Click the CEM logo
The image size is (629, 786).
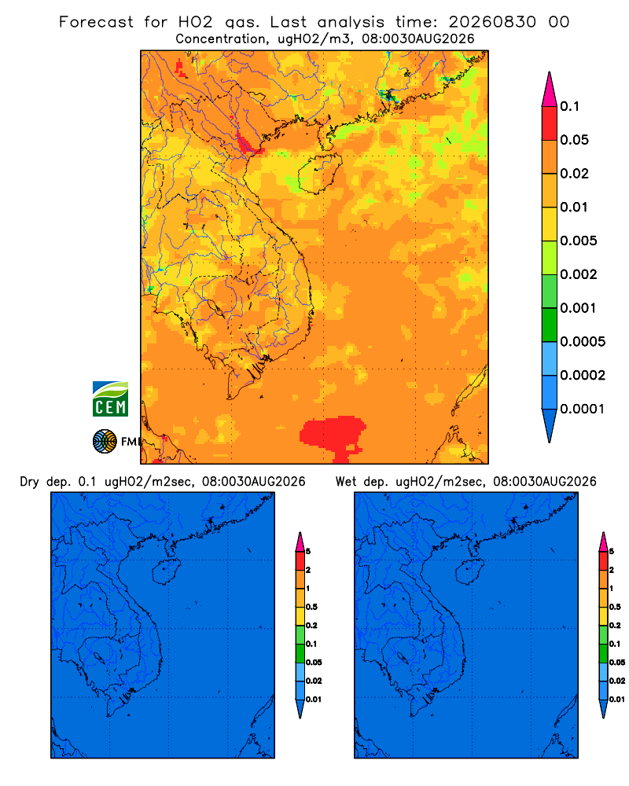click(x=110, y=399)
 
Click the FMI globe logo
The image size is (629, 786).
click(x=105, y=441)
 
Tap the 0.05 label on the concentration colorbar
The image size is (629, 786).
click(x=574, y=140)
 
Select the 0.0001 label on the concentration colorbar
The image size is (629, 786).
click(x=583, y=409)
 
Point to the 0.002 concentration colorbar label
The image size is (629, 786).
click(x=579, y=274)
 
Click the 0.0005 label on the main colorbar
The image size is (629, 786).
click(x=583, y=342)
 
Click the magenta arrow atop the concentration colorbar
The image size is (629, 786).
click(x=550, y=90)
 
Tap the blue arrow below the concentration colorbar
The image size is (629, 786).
click(x=550, y=425)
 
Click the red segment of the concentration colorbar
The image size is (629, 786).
click(x=550, y=123)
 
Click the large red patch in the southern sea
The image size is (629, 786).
click(x=333, y=435)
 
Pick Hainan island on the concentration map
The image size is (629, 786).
click(x=319, y=174)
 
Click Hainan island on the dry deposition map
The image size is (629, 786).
click(x=166, y=572)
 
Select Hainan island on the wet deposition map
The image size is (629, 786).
click(x=470, y=572)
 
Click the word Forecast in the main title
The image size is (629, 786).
click(x=96, y=22)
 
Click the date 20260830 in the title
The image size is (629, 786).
click(x=492, y=22)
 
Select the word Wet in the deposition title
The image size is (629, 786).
click(x=345, y=482)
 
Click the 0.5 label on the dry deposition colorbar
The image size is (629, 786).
click(x=311, y=607)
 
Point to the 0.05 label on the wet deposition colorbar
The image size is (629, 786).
click(x=617, y=662)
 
